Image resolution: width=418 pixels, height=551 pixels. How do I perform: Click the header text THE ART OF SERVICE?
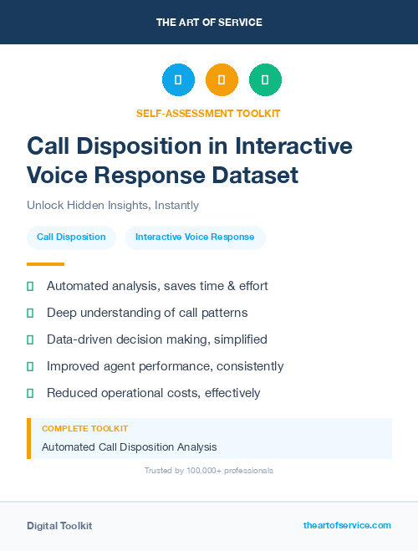(x=209, y=23)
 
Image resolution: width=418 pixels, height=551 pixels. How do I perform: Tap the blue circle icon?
(x=178, y=80)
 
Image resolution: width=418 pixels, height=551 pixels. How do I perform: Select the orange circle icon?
(x=222, y=80)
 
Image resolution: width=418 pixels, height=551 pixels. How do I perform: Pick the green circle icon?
(x=265, y=80)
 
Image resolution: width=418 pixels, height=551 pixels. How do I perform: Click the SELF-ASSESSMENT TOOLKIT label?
(x=209, y=113)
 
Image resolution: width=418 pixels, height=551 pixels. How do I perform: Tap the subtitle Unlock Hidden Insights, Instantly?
(x=113, y=205)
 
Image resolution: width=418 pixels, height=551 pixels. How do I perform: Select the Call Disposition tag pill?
(x=71, y=237)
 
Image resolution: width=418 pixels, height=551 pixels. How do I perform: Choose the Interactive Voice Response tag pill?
(x=195, y=237)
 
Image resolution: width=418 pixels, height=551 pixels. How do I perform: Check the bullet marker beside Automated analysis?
(x=30, y=286)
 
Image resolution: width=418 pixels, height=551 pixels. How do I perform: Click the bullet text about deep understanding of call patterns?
(x=147, y=313)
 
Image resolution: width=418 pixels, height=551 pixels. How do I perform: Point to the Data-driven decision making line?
(x=157, y=339)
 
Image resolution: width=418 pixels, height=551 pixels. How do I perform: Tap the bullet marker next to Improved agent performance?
(x=30, y=366)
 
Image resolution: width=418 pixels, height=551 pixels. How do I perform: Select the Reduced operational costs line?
(x=154, y=393)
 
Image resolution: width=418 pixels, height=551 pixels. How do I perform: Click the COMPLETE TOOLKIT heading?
(x=84, y=428)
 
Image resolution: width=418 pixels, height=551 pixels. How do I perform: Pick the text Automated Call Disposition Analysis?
(x=129, y=447)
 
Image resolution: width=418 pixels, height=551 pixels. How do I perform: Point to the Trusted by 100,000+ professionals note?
(x=209, y=471)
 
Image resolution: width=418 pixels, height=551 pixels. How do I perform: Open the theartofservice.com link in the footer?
(x=347, y=525)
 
